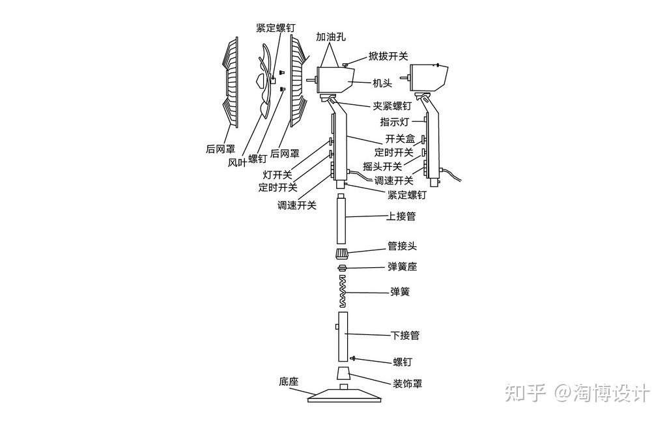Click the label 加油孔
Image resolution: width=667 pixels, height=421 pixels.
[331, 37]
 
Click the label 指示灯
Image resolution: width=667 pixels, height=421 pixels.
[395, 122]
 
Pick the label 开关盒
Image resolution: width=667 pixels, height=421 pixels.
[400, 139]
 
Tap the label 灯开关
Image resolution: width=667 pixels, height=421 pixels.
[277, 175]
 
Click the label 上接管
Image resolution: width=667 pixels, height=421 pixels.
[401, 216]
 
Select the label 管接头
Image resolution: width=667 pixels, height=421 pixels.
[403, 246]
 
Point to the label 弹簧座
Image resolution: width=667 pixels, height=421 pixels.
[403, 267]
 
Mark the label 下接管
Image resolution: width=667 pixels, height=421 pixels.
[405, 336]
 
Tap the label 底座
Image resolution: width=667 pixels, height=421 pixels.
[289, 381]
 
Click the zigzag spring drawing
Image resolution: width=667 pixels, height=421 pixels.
[341, 291]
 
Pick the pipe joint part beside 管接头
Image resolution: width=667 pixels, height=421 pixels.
[341, 253]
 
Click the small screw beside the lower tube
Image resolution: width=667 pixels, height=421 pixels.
[352, 358]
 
